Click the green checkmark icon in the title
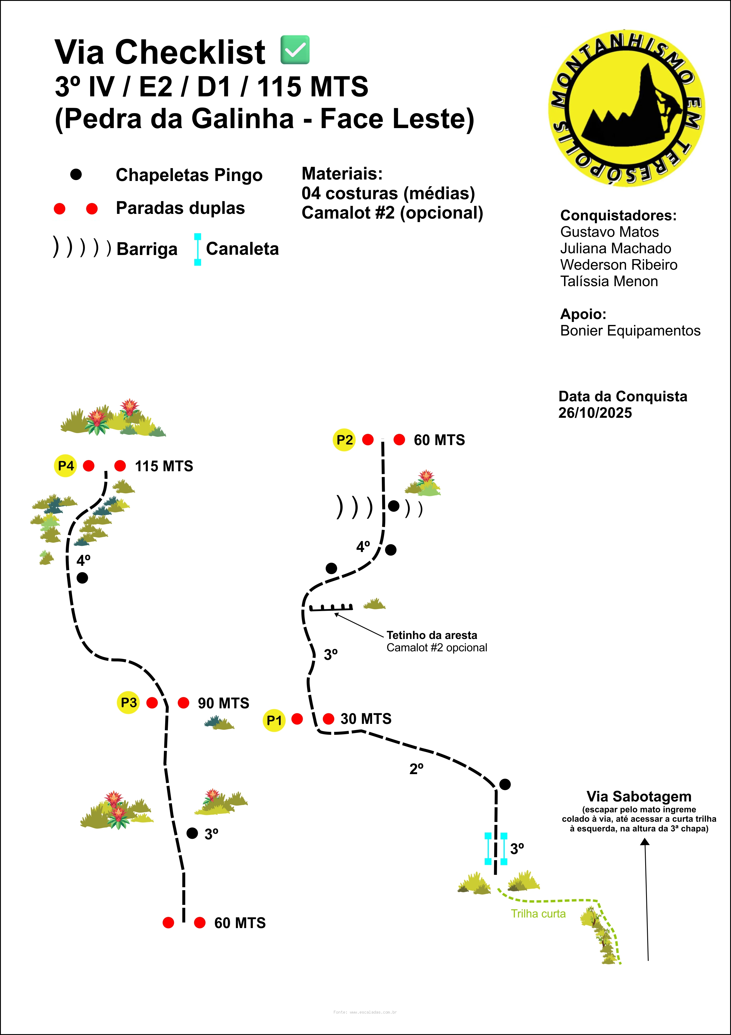click(295, 50)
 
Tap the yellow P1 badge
click(274, 720)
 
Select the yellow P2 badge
click(344, 440)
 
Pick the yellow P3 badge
click(128, 702)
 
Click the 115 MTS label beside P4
click(164, 466)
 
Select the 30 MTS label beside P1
click(366, 719)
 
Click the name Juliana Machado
click(615, 248)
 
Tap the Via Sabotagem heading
click(638, 796)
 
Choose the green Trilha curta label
click(538, 914)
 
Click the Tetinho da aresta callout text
click(431, 635)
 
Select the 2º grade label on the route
click(416, 769)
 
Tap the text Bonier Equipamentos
click(630, 331)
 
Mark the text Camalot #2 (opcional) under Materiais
click(392, 213)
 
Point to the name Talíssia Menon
click(609, 281)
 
